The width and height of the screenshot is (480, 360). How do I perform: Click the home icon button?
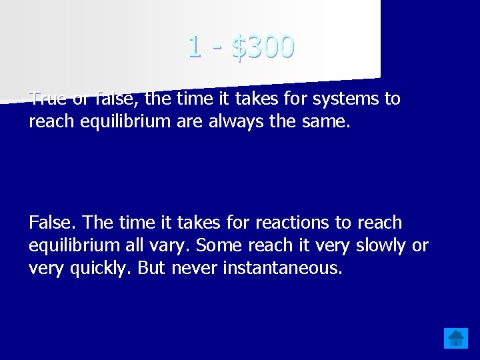457,338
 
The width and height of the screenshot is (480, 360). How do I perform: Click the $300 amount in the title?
263,47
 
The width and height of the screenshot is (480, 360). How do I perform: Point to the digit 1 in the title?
194,47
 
